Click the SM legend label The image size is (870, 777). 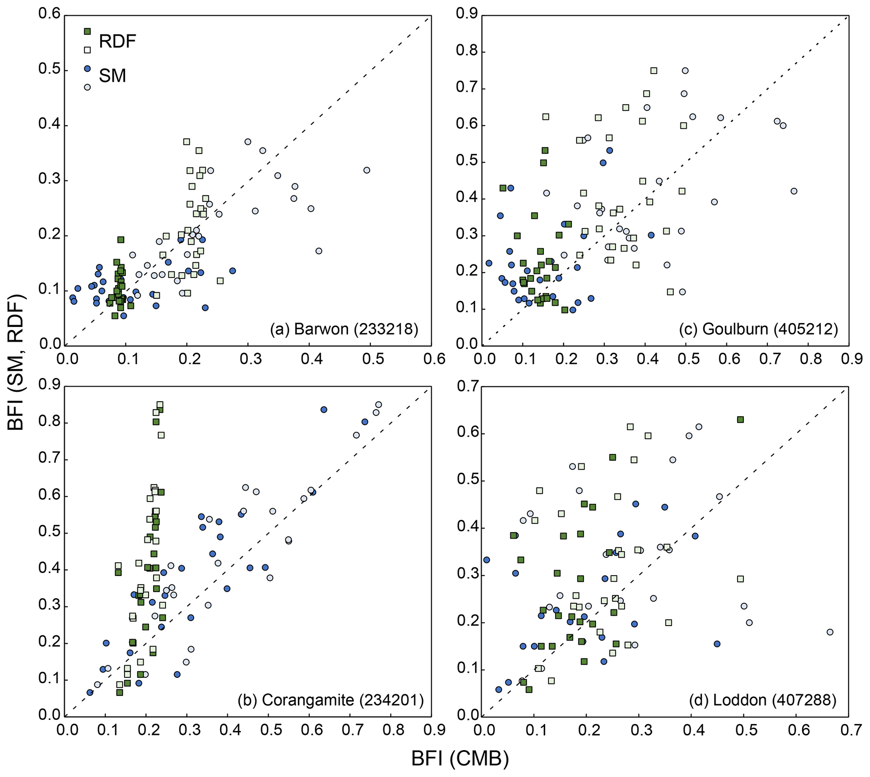112,76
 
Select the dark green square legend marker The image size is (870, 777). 87,31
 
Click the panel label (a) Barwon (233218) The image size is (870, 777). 344,329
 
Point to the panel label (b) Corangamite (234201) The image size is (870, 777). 330,700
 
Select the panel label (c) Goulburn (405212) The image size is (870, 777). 758,329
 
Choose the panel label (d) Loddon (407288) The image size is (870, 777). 762,700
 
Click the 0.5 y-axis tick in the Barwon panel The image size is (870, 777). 49,69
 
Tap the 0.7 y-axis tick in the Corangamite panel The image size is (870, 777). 49,460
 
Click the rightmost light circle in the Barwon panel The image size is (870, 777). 367,170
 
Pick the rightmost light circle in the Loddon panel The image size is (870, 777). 830,632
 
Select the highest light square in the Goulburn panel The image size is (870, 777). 654,70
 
